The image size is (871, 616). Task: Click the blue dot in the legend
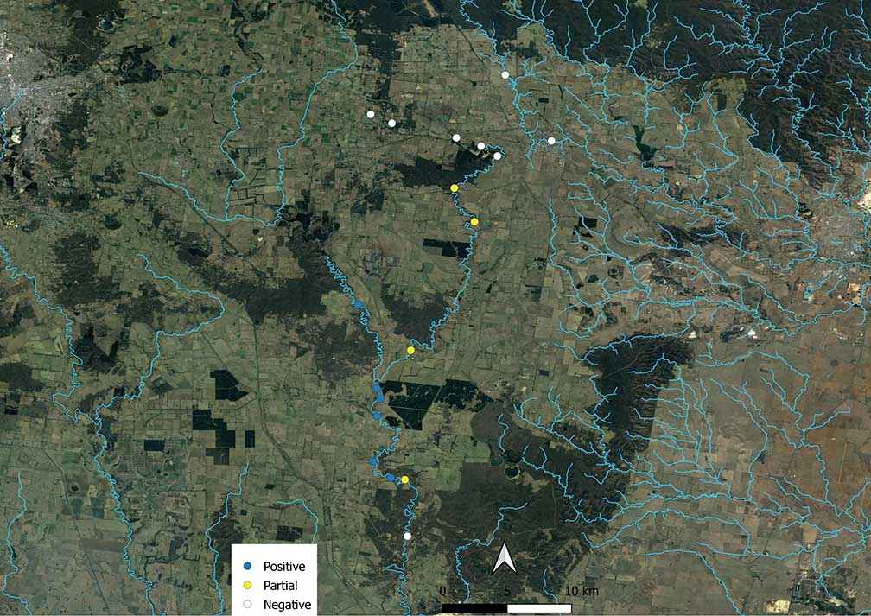click(246, 567)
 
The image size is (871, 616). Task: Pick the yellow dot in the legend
click(246, 586)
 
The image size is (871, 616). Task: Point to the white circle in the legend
click(246, 605)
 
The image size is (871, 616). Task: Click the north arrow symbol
click(504, 559)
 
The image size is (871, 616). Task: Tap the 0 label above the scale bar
click(443, 591)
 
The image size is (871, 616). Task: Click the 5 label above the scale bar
click(507, 591)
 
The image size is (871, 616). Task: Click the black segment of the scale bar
click(474, 608)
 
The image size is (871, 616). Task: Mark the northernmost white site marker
click(505, 75)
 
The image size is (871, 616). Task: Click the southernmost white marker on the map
click(408, 536)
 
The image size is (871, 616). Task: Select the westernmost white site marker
click(371, 114)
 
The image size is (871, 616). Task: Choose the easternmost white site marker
click(551, 141)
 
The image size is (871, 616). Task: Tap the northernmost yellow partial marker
click(454, 188)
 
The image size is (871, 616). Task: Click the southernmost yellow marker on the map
click(404, 479)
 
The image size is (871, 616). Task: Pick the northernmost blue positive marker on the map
click(358, 304)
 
